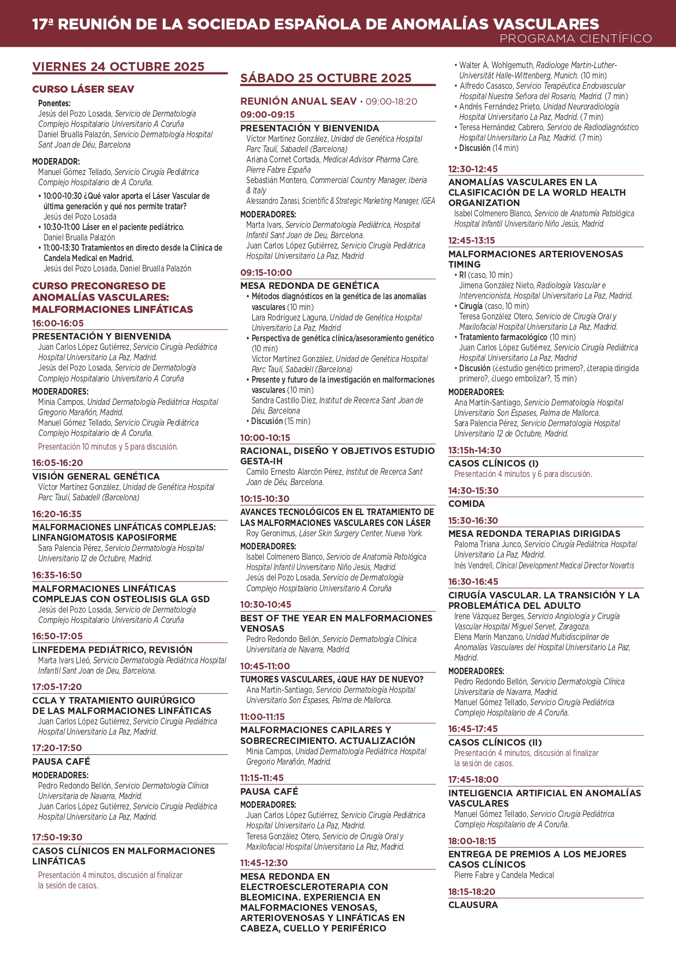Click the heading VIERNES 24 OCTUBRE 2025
coord(118,66)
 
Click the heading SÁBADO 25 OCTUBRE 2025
coord(326,78)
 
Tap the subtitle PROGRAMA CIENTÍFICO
coord(575,38)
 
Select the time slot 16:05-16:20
coord(58,463)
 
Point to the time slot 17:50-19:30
coord(57,837)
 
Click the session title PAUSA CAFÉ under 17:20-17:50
coord(61,761)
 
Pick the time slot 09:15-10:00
coord(266,273)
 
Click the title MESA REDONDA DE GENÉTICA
coord(309,286)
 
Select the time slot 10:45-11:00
coord(265,666)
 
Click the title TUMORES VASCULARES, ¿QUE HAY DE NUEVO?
coord(332,679)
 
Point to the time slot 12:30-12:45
coord(473,169)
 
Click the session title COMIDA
coord(466,504)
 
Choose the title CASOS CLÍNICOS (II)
coord(495,742)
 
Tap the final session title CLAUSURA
coord(473,905)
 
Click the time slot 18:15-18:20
coord(472,892)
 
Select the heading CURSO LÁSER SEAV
coord(83,89)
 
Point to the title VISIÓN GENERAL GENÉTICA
coord(96,476)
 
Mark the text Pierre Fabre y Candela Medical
coord(504,875)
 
